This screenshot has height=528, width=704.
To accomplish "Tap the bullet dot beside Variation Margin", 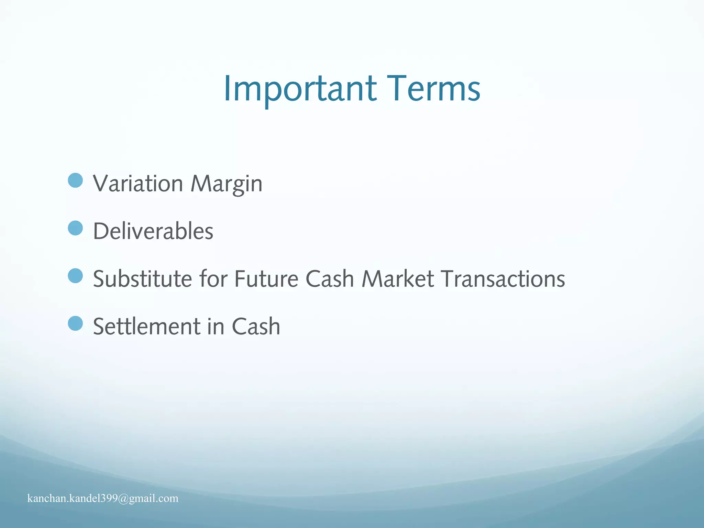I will pyautogui.click(x=75, y=180).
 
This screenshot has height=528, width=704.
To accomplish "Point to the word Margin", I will pyautogui.click(x=226, y=184).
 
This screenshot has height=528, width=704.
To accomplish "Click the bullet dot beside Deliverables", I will pyautogui.click(x=75, y=228).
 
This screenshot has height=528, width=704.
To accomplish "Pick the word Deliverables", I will pyautogui.click(x=153, y=231).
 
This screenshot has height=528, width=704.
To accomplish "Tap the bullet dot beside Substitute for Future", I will pyautogui.click(x=75, y=276).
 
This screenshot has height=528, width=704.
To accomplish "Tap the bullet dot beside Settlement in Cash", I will pyautogui.click(x=75, y=323).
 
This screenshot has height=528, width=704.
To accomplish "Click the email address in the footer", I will pyautogui.click(x=103, y=498).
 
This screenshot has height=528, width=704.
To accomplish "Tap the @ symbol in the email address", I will pyautogui.click(x=123, y=498).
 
